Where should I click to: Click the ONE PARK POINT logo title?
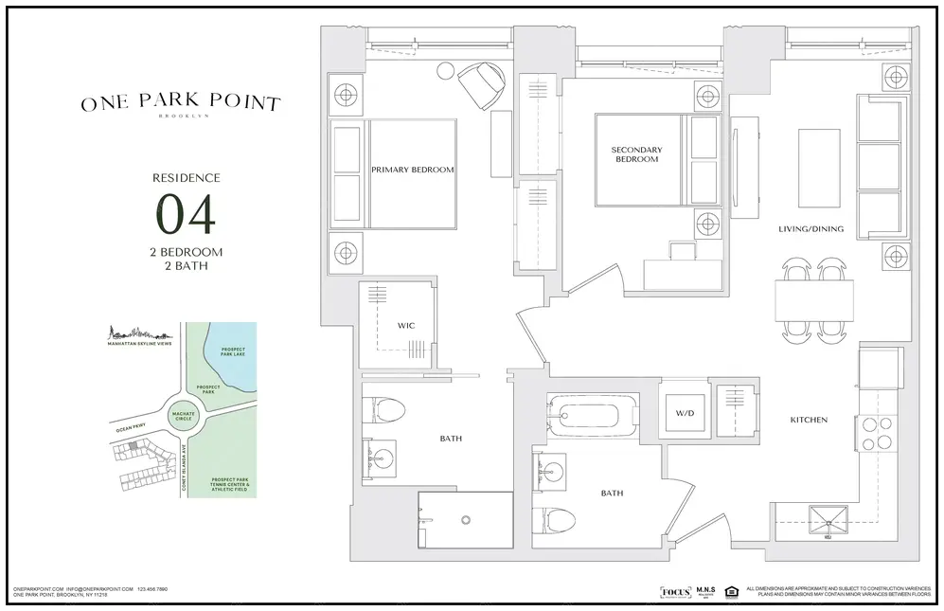point(180,103)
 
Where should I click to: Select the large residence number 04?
point(186,214)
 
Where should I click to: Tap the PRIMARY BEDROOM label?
point(412,171)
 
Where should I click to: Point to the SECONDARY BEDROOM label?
point(636,154)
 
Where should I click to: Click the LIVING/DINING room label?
point(810,228)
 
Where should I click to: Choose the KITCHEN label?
point(810,420)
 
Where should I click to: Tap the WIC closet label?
point(405,326)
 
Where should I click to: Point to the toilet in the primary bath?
point(384,410)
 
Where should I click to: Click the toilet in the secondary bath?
point(557,518)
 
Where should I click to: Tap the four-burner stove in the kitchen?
point(877,433)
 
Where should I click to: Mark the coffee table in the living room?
point(818,168)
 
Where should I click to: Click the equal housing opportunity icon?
point(730,592)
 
